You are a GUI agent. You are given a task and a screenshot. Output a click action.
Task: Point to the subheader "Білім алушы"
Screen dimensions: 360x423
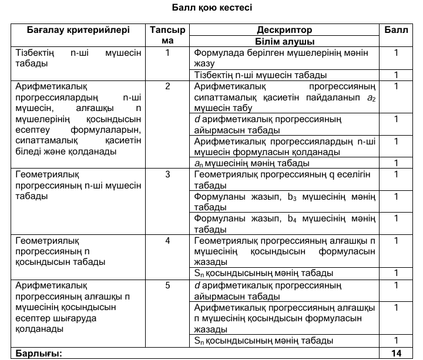tap(284, 42)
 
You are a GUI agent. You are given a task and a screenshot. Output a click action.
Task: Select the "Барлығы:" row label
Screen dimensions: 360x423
tap(39, 353)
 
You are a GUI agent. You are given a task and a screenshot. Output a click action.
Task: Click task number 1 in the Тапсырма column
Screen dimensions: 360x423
tap(167, 53)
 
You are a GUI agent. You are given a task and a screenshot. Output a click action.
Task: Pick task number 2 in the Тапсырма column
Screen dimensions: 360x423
tap(167, 86)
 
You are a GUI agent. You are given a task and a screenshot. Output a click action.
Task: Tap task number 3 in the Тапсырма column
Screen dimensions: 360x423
tap(167, 174)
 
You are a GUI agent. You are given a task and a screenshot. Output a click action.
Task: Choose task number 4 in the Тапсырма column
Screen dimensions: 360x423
tap(167, 240)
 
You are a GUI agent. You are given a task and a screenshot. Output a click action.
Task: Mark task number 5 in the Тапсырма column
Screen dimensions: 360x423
tap(167, 285)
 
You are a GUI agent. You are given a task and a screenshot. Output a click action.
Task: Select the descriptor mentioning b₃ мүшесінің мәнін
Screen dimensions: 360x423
tap(284, 201)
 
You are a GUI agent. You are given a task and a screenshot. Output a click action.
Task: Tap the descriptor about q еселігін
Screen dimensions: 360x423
tap(284, 179)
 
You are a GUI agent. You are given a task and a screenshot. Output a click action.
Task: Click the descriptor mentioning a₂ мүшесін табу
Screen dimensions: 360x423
tap(284, 97)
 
